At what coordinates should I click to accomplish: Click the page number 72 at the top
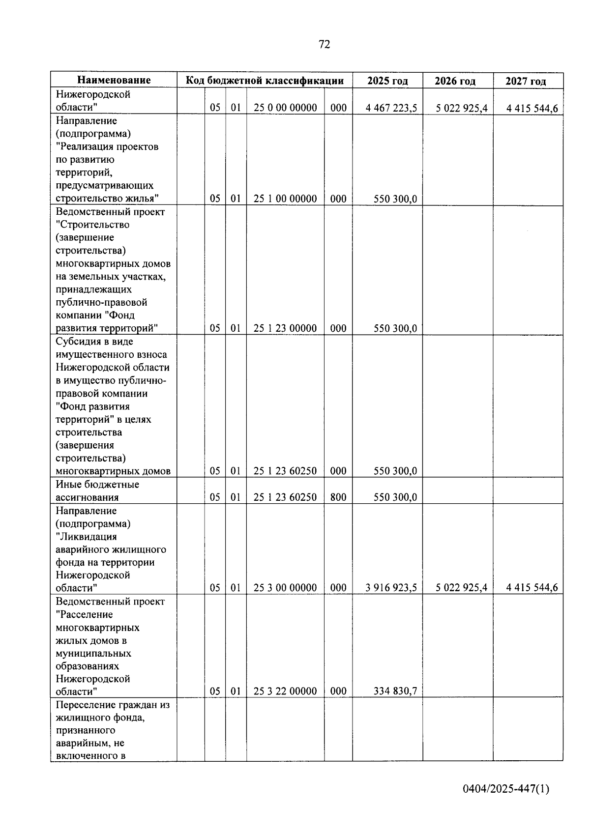pos(324,45)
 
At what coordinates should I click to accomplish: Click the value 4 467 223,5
pos(391,108)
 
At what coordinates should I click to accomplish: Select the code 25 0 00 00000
pos(285,108)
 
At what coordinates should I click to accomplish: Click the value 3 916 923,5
pos(391,588)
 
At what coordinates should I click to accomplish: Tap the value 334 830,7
pos(395,691)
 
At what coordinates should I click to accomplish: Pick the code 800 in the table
pos(338,497)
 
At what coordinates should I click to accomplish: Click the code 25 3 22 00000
pos(285,691)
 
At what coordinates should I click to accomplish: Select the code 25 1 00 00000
pos(285,199)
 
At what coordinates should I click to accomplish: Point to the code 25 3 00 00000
pos(285,588)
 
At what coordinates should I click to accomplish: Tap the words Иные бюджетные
pos(97,485)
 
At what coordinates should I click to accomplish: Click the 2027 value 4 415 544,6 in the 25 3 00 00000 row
pos(532,588)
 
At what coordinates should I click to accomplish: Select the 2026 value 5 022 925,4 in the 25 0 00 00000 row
pos(462,108)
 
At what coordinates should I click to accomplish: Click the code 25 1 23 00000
pos(285,328)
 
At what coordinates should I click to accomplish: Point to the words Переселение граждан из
pos(113,705)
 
